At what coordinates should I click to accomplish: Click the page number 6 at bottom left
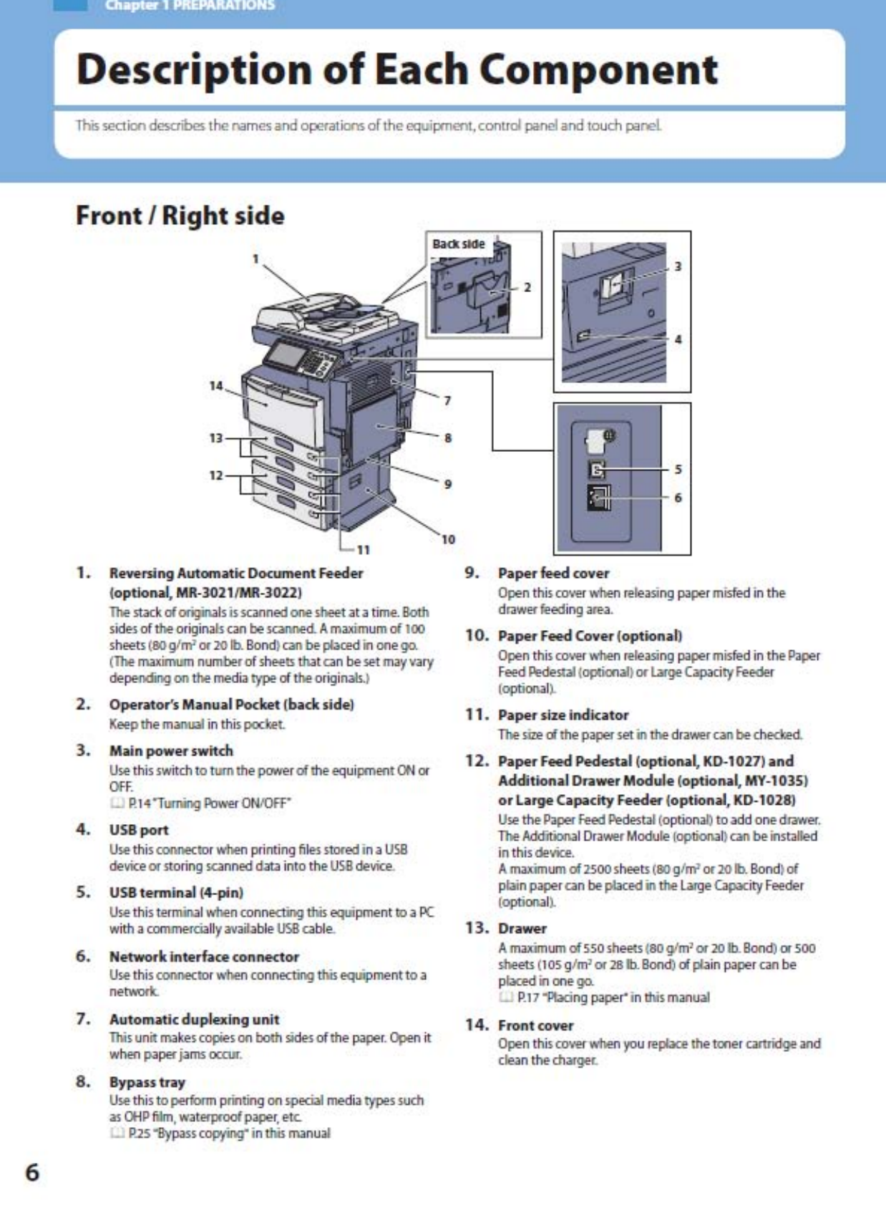point(33,1172)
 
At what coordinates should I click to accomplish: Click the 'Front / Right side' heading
point(180,216)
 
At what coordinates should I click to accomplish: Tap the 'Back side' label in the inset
point(458,244)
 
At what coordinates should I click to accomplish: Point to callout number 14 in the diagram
point(216,386)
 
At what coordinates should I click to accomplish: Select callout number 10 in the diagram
point(448,539)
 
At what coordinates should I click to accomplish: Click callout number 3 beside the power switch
point(678,266)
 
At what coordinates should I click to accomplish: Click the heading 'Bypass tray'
point(147,1082)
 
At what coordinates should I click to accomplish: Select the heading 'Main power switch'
point(171,750)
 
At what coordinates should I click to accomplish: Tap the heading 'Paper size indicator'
point(563,715)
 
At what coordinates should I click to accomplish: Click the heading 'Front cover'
point(536,1025)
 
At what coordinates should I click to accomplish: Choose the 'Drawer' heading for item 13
point(522,928)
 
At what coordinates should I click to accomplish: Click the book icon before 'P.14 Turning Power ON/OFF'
point(117,803)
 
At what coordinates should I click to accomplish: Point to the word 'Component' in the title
point(598,69)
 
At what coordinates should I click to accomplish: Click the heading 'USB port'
point(139,830)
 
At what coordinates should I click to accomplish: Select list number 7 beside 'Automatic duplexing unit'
point(83,1018)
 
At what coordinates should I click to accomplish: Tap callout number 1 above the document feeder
point(255,259)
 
